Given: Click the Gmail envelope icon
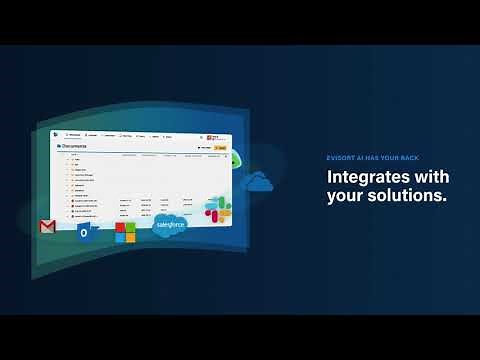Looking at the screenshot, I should click(x=46, y=227).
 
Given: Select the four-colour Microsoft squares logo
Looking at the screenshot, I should click(x=125, y=233).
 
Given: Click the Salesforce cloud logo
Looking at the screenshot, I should click(x=170, y=226).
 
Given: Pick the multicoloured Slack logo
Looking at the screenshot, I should click(x=218, y=209).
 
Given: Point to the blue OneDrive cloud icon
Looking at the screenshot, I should click(x=258, y=182).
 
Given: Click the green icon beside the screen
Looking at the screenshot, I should click(x=236, y=158).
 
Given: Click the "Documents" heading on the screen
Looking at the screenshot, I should click(x=75, y=146).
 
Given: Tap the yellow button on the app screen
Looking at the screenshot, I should click(x=221, y=148).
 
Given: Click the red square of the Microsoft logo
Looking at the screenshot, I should click(x=120, y=228).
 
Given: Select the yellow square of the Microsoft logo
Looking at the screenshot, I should click(x=130, y=238).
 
